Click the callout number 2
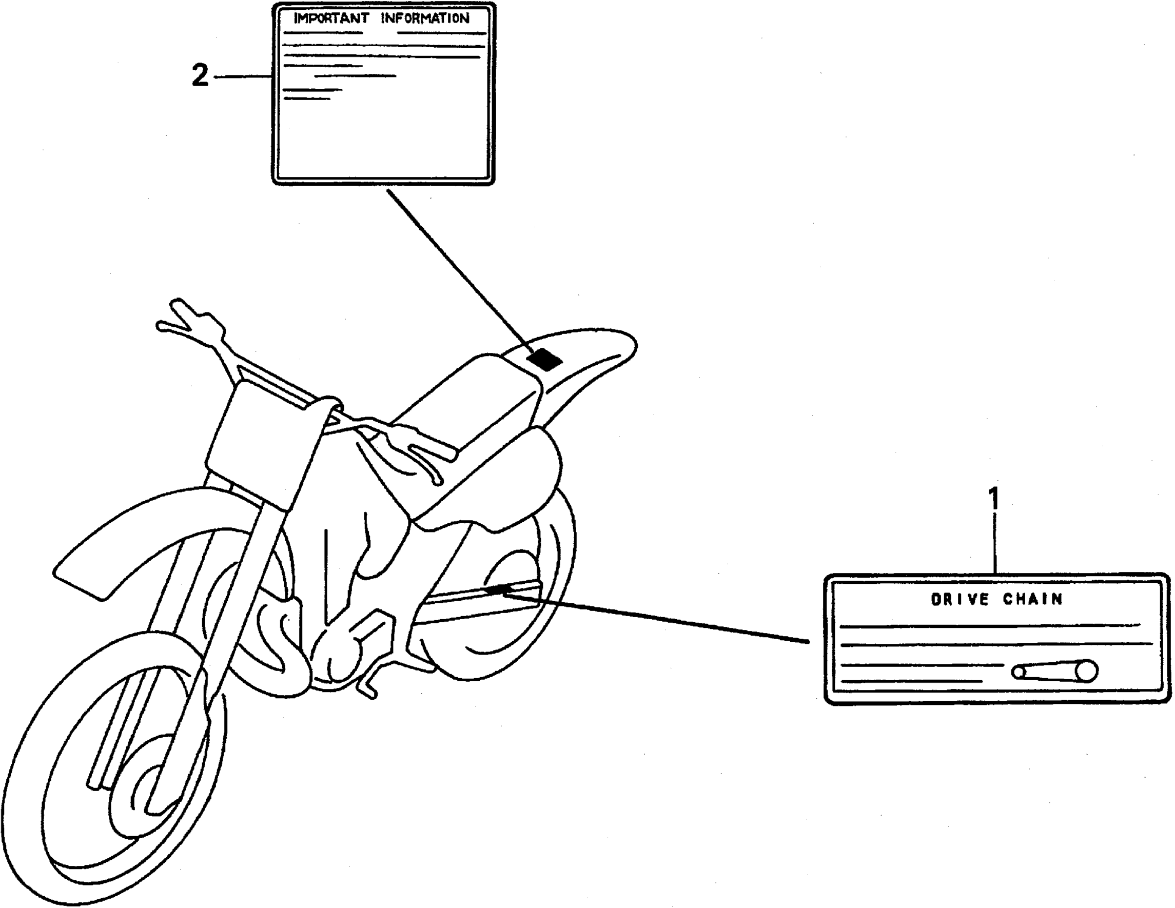(x=200, y=76)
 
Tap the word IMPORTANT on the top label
(x=331, y=19)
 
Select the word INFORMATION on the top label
(x=425, y=19)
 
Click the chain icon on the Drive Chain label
(x=1054, y=672)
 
